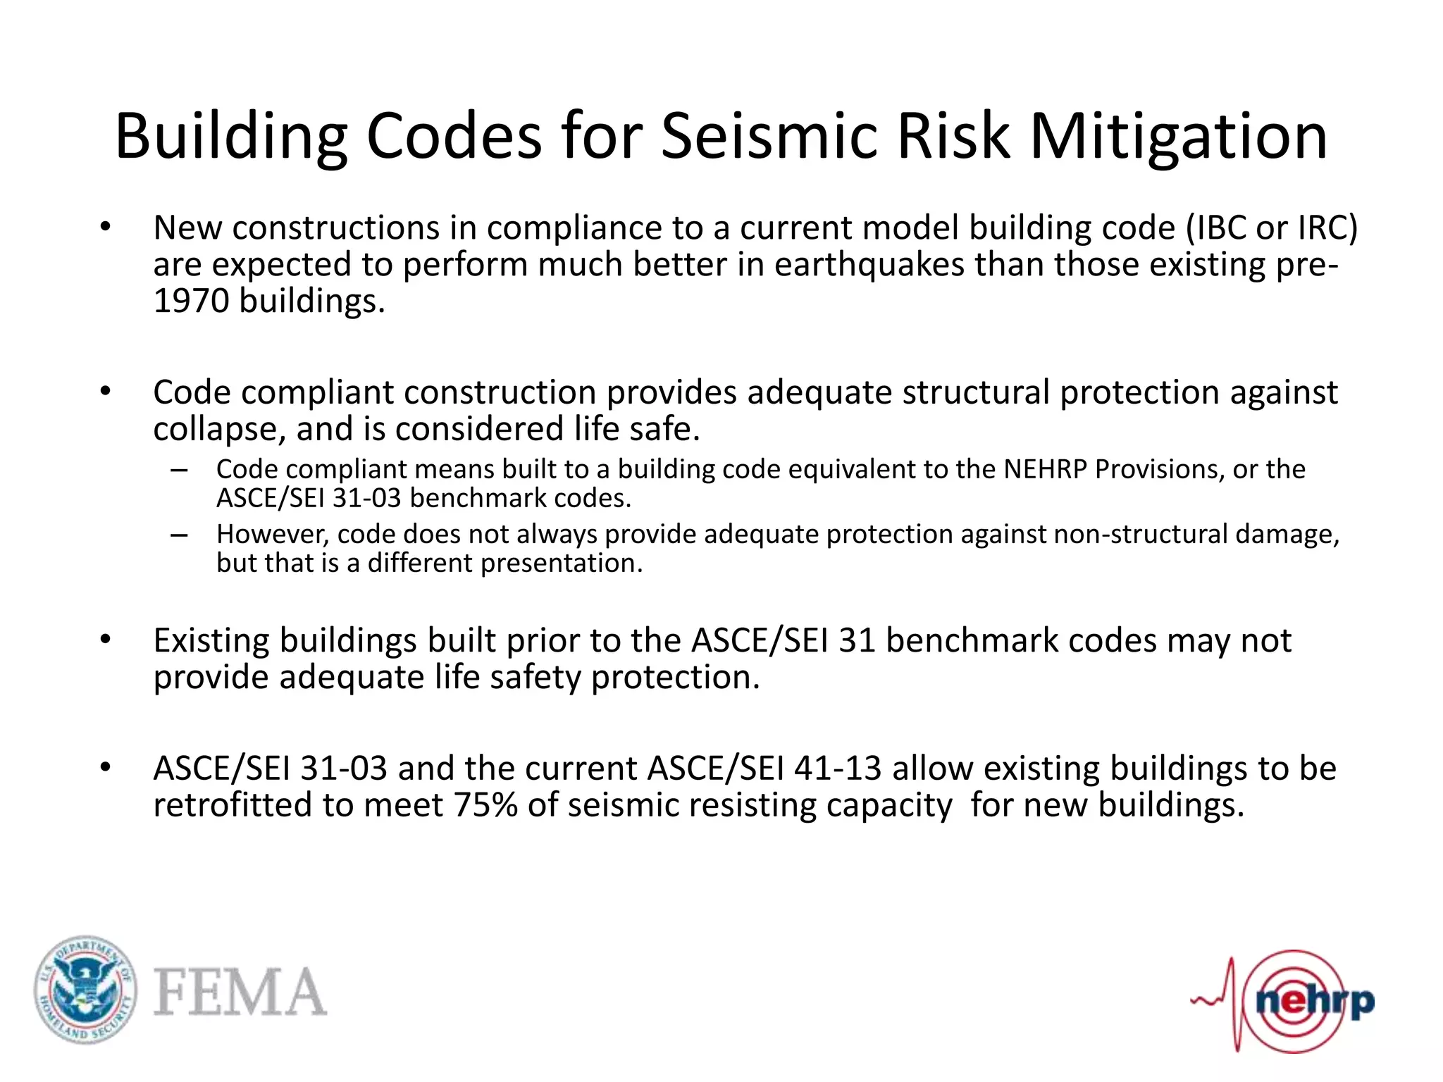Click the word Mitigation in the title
[1179, 137]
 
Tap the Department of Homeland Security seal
[85, 990]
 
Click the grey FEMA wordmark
[240, 991]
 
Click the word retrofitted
[233, 804]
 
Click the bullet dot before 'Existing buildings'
[106, 640]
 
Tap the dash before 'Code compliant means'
[179, 470]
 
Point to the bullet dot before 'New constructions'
[106, 227]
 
